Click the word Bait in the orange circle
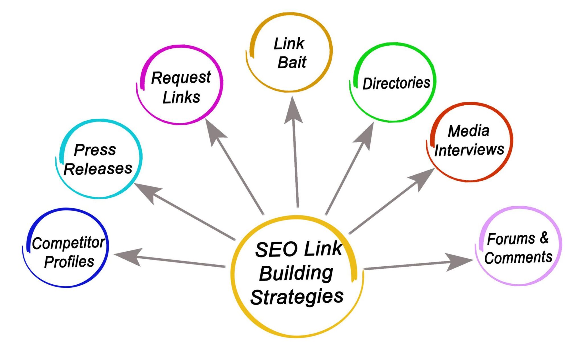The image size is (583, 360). [292, 62]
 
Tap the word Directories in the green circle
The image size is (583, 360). [396, 83]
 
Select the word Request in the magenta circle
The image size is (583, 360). [181, 78]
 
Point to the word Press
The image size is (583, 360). [95, 150]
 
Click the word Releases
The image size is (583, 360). [98, 169]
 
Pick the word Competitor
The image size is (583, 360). [68, 243]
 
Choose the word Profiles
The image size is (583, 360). [69, 262]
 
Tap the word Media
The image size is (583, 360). [469, 131]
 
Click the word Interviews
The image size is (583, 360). [469, 150]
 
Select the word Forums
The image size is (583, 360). [511, 239]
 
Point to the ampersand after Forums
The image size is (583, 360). [544, 238]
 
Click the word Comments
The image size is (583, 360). [518, 258]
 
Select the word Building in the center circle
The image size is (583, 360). [296, 273]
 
